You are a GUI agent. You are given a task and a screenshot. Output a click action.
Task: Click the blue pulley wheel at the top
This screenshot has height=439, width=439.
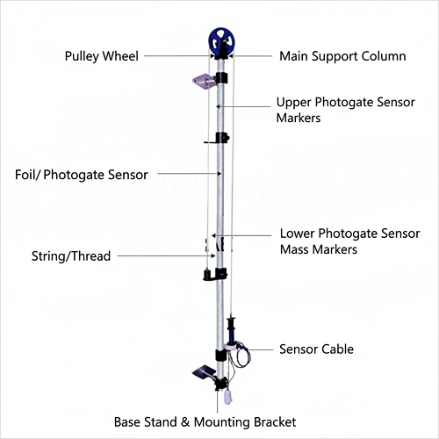click(221, 41)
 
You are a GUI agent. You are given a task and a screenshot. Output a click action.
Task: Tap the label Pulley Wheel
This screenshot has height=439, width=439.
click(102, 56)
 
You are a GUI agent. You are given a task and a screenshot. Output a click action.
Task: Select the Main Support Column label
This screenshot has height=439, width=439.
click(342, 56)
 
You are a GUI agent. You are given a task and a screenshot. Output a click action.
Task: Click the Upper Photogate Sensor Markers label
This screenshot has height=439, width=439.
click(346, 110)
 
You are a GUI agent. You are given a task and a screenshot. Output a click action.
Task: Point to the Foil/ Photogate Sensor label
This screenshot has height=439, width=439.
click(82, 175)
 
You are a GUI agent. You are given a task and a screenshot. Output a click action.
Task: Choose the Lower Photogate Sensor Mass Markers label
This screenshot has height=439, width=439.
click(350, 241)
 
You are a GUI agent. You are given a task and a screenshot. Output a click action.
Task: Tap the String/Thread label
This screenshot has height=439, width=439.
click(71, 256)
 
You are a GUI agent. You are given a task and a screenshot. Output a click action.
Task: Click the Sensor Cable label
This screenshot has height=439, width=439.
click(316, 349)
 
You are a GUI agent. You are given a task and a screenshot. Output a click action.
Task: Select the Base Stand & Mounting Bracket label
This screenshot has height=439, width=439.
click(205, 422)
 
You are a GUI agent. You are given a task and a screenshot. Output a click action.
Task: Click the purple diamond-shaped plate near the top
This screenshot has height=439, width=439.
click(204, 81)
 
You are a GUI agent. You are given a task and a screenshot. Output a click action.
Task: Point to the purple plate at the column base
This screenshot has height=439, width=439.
click(205, 371)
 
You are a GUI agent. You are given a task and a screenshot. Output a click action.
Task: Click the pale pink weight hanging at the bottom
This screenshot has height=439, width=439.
click(228, 397)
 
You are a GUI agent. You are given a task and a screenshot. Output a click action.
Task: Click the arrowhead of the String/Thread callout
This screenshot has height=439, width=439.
click(213, 255)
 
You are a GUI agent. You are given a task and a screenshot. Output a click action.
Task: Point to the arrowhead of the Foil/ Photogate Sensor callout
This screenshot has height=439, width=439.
click(219, 174)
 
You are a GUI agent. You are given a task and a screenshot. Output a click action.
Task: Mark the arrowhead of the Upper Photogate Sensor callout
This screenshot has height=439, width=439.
click(218, 106)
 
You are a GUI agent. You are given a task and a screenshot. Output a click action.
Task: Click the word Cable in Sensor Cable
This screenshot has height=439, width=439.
click(336, 349)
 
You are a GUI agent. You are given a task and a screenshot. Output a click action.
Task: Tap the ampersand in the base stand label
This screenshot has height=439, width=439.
click(185, 422)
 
